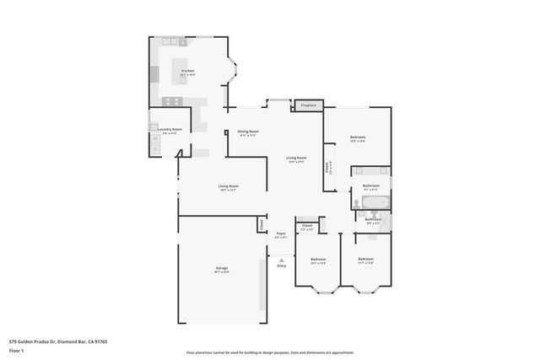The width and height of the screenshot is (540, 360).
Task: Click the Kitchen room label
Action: [186, 71]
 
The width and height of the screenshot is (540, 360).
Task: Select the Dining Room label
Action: [247, 132]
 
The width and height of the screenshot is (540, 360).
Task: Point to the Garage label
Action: [220, 268]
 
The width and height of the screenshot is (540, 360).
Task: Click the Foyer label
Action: [281, 234]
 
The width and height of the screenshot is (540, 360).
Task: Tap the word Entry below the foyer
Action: [281, 265]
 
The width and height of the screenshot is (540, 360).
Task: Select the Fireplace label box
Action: [309, 105]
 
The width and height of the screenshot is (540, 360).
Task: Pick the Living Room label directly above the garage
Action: [228, 186]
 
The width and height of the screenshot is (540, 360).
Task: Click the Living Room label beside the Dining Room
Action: [295, 159]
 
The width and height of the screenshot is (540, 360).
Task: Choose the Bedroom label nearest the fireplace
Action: [358, 137]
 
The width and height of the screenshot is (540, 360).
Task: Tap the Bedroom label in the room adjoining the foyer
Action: [318, 259]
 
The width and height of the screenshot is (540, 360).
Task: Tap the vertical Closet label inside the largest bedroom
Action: [327, 167]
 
